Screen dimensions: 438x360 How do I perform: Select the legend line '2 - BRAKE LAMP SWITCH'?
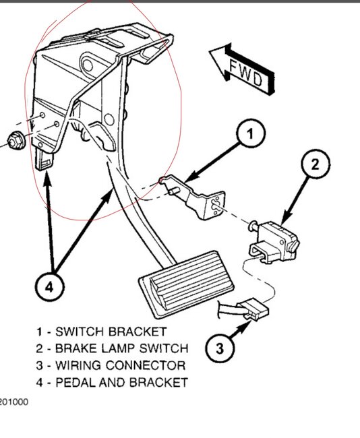click(x=111, y=349)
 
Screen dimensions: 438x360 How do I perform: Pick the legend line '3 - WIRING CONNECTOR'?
click(x=111, y=366)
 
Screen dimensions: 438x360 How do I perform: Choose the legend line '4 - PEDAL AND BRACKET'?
click(x=111, y=383)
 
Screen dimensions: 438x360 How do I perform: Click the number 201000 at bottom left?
click(x=13, y=403)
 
